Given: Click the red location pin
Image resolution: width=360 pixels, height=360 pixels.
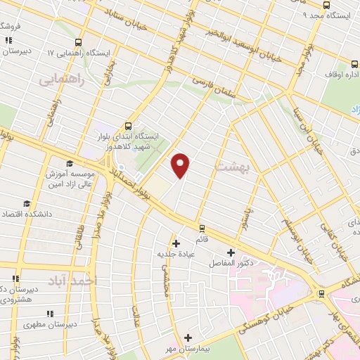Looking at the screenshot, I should [x=181, y=165].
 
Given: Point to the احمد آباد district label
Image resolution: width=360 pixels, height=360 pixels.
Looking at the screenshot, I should [x=71, y=281].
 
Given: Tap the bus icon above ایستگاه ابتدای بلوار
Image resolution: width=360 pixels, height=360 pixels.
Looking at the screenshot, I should [x=128, y=122].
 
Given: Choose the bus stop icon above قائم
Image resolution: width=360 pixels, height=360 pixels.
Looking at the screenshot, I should [x=202, y=228].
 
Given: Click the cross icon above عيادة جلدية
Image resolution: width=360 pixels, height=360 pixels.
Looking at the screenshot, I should [x=175, y=243].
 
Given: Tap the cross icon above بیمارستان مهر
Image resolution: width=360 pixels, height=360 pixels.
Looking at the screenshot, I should [x=188, y=337].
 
